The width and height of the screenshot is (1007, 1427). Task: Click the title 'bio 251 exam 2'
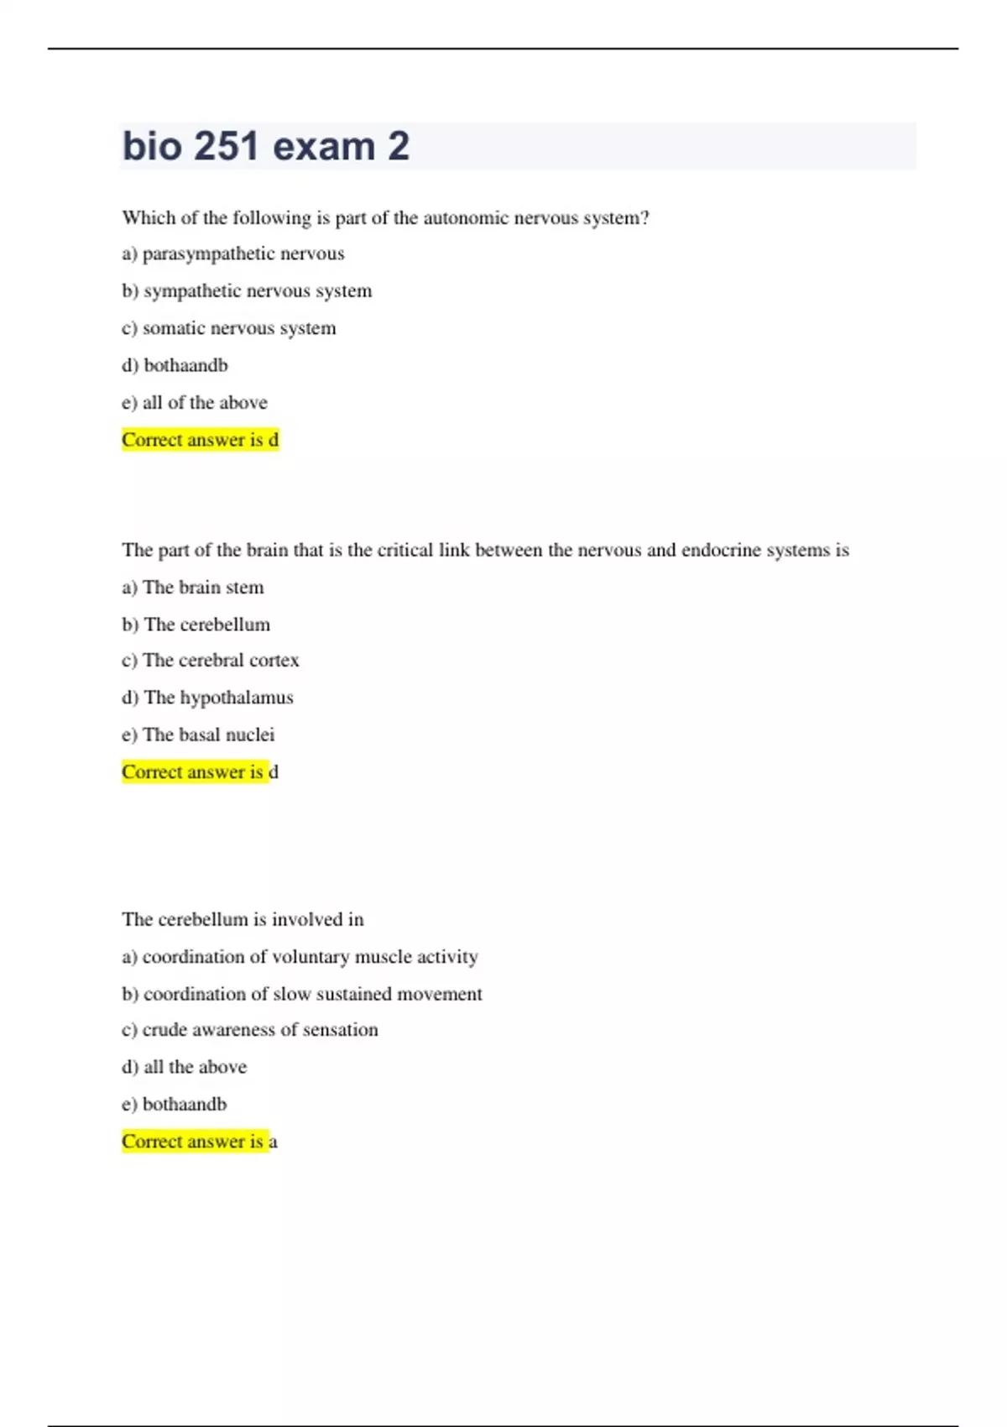tap(266, 146)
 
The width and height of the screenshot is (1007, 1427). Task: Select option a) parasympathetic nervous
tap(233, 254)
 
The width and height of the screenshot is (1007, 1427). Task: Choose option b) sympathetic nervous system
tap(247, 291)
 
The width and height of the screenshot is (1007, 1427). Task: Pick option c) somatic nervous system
tap(229, 328)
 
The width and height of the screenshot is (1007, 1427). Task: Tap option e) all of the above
tap(195, 403)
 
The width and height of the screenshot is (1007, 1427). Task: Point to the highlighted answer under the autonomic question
tap(200, 440)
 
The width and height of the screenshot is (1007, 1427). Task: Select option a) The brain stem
tap(193, 588)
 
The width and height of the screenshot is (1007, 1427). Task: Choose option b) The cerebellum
tap(196, 625)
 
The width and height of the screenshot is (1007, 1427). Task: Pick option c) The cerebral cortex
tap(211, 661)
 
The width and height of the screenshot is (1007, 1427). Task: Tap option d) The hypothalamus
tap(208, 698)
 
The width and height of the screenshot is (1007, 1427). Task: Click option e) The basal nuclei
tap(198, 735)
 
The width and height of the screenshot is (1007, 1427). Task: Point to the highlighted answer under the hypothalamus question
tap(200, 772)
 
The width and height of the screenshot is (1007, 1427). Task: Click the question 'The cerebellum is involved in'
tap(243, 920)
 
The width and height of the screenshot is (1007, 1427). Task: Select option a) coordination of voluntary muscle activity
tap(300, 957)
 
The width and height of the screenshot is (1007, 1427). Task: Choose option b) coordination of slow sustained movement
tap(302, 994)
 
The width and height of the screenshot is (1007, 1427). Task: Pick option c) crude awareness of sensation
tap(250, 1030)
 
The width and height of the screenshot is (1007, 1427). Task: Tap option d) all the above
tap(185, 1067)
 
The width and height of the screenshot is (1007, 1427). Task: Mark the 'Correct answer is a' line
tap(200, 1142)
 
